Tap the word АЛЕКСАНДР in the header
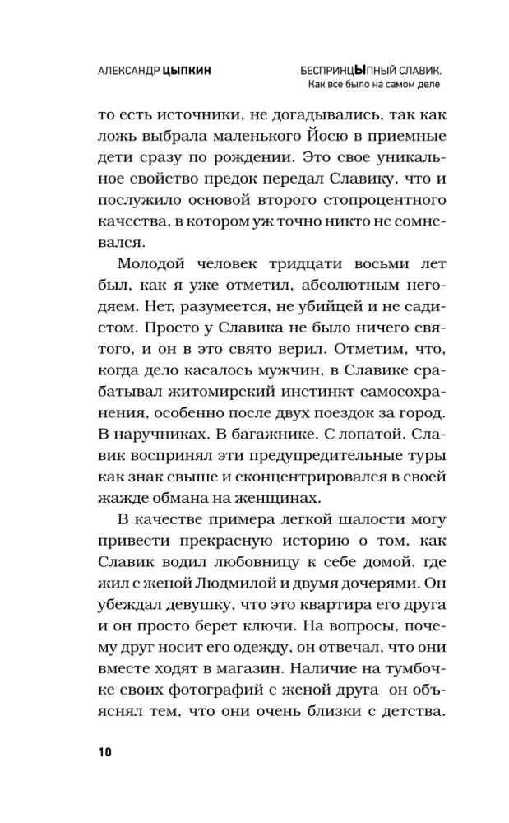[x=120, y=71]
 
